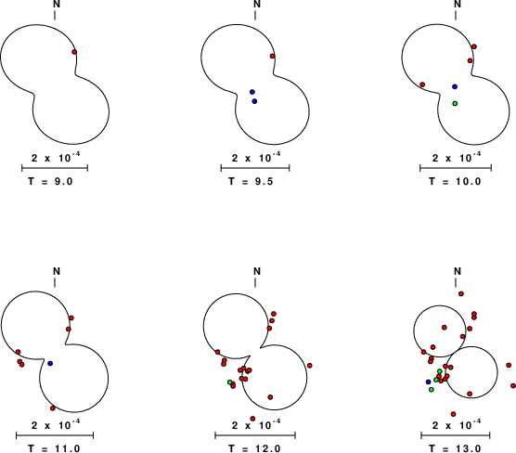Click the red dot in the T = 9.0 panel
click(x=74, y=52)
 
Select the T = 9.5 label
click(x=252, y=181)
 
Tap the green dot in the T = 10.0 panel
click(x=455, y=103)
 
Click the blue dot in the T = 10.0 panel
click(x=455, y=86)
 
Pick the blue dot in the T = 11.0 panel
click(x=50, y=363)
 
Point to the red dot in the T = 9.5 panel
click(x=272, y=56)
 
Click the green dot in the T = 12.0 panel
click(x=230, y=382)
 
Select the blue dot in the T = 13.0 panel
click(x=428, y=382)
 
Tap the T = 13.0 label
click(x=455, y=448)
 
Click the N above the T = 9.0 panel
click(x=57, y=4)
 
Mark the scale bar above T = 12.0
click(x=255, y=435)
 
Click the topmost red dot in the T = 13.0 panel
click(x=461, y=293)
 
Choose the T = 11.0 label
click(x=54, y=448)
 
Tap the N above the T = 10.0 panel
click(x=458, y=4)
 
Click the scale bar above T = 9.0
click(x=55, y=168)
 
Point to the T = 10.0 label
click(x=455, y=181)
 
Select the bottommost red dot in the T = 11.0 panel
click(x=53, y=408)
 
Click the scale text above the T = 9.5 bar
click(x=256, y=158)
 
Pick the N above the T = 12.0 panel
click(x=257, y=271)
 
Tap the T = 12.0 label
click(x=254, y=448)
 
